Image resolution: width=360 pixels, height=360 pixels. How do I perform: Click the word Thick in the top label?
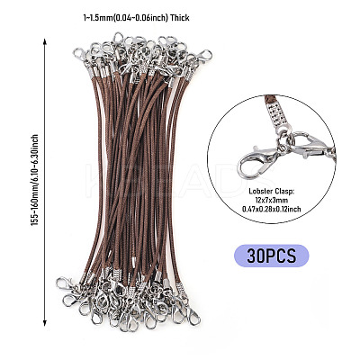point(179,18)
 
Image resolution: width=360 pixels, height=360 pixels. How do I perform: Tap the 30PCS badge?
point(271,256)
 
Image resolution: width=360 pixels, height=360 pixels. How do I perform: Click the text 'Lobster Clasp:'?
point(271,191)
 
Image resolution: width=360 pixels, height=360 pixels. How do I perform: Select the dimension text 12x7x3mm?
point(271,200)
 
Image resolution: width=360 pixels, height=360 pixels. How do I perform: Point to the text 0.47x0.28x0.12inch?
point(271,209)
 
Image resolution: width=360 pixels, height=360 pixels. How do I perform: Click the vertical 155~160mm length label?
point(35,180)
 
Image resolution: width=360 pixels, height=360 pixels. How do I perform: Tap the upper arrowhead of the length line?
point(45,41)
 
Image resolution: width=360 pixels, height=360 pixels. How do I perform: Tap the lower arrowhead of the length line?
point(45,323)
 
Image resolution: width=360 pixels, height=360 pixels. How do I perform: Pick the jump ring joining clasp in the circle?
point(284,144)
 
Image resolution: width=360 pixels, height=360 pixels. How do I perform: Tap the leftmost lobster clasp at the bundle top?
point(79,54)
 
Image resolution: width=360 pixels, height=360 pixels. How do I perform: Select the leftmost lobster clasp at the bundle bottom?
point(64,283)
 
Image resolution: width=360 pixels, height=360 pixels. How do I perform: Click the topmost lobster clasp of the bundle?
point(118,39)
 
